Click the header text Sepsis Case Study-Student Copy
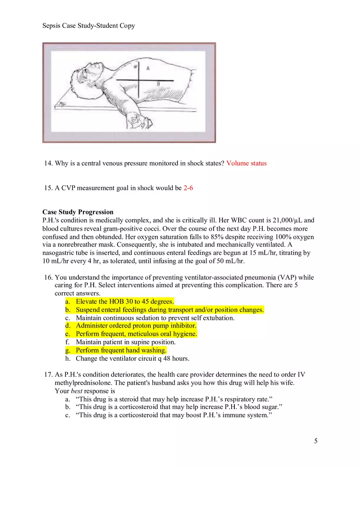[88, 26]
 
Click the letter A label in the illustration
[148, 69]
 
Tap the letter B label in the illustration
[159, 83]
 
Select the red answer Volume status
[246, 163]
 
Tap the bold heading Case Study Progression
[78, 212]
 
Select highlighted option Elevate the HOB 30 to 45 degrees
[125, 301]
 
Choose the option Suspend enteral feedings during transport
[169, 310]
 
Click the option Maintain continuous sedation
[155, 318]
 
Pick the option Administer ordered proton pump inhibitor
[136, 326]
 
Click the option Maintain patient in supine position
[126, 342]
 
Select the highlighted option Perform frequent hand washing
[121, 350]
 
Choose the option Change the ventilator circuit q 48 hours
[133, 359]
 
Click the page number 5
[315, 440]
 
